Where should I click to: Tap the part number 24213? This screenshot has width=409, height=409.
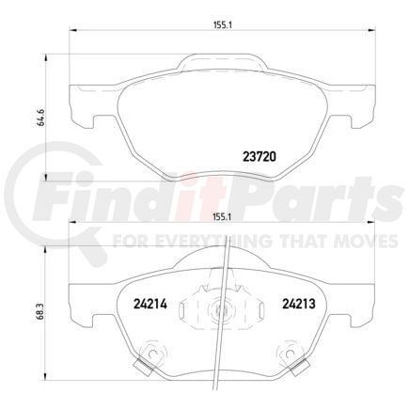[299, 303]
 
